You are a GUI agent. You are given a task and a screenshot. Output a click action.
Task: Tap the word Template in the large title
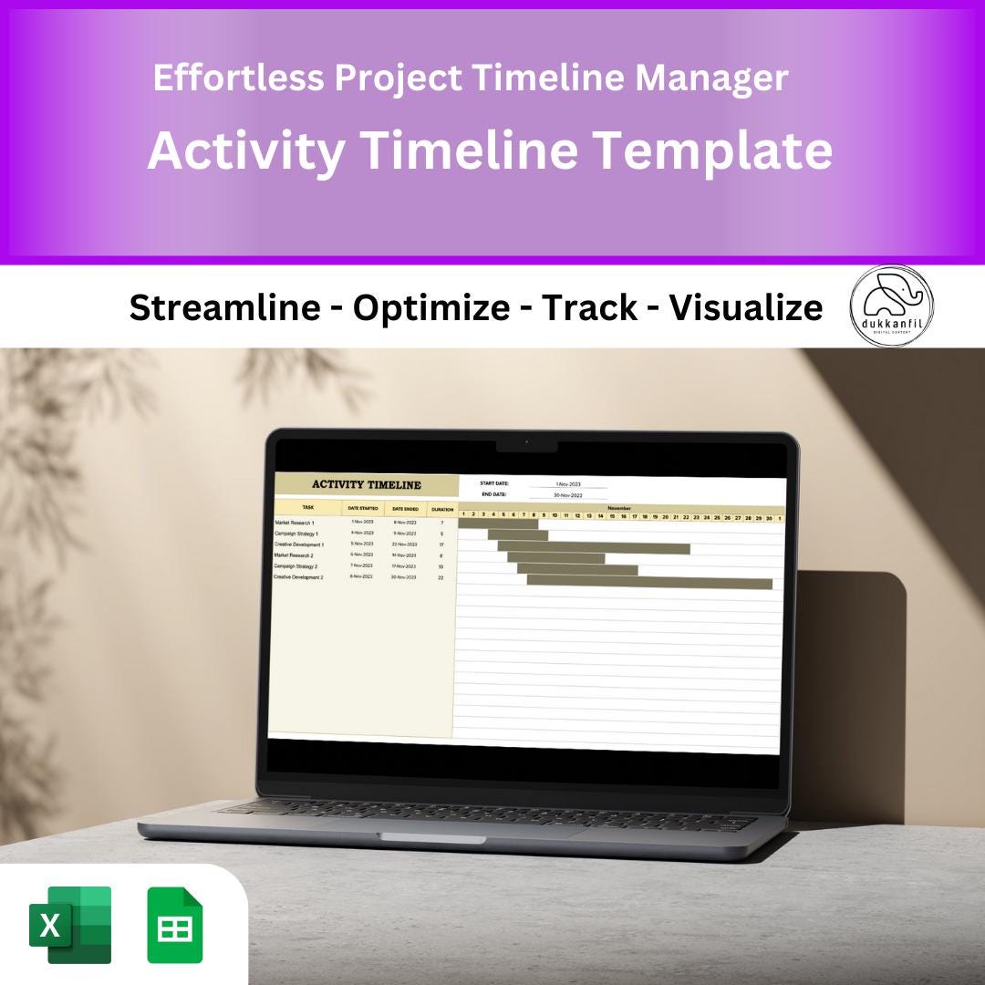tap(711, 150)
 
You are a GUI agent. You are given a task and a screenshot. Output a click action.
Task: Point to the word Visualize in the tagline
tap(745, 308)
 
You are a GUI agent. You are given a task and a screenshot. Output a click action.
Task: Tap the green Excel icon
tap(70, 925)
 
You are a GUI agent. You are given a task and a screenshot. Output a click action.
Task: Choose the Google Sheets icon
tap(175, 925)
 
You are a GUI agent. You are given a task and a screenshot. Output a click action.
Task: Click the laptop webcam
tap(526, 442)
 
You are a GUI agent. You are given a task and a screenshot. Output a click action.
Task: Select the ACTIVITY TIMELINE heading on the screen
tap(366, 485)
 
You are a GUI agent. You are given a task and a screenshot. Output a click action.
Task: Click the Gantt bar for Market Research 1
tap(498, 524)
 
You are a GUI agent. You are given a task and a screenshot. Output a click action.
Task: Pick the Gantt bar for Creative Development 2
tap(649, 583)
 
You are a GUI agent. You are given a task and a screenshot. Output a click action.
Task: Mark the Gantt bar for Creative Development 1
tap(594, 548)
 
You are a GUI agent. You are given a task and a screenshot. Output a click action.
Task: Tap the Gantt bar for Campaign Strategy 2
tap(577, 570)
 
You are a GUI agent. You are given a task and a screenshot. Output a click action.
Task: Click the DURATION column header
tap(442, 509)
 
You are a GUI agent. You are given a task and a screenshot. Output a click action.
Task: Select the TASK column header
tap(308, 507)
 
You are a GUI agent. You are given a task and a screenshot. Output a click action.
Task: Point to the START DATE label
tap(494, 483)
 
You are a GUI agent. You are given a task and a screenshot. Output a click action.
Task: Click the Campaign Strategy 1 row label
tap(296, 533)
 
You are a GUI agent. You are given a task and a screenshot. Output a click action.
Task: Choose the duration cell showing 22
tap(441, 578)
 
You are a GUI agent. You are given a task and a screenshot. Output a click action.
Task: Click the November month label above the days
tap(619, 508)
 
